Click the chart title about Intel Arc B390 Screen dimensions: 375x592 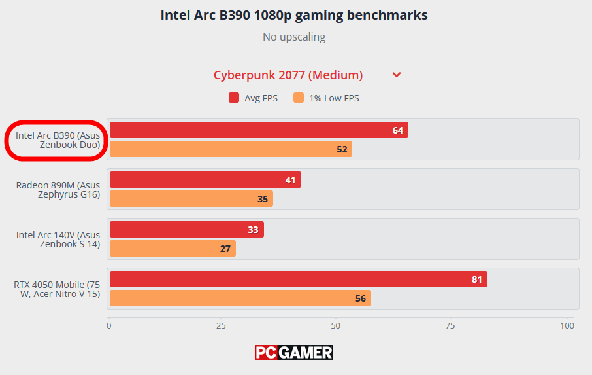coord(294,15)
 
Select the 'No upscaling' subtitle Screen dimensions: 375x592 coord(294,37)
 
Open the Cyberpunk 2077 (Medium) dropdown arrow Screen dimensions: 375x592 coord(397,75)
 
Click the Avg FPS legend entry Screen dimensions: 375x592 coord(253,98)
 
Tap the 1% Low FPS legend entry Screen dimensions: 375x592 coord(326,98)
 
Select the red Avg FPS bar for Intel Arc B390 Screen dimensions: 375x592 coord(259,130)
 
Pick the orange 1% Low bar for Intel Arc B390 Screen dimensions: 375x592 coord(231,149)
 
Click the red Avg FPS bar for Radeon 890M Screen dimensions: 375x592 coord(205,180)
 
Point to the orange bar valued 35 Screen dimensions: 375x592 coord(191,199)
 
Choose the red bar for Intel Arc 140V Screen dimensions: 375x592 coord(186,230)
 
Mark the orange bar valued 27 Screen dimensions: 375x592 coord(173,249)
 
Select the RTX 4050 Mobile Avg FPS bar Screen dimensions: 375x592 coord(298,279)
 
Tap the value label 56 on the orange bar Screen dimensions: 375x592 coord(360,298)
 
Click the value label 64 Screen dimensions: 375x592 coord(398,130)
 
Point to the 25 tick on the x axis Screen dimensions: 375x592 coord(222,325)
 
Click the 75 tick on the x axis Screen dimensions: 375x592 coord(450,325)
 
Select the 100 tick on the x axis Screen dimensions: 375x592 coord(567,325)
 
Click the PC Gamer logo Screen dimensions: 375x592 coord(294,353)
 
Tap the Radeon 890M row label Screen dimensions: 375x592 coord(58,190)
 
